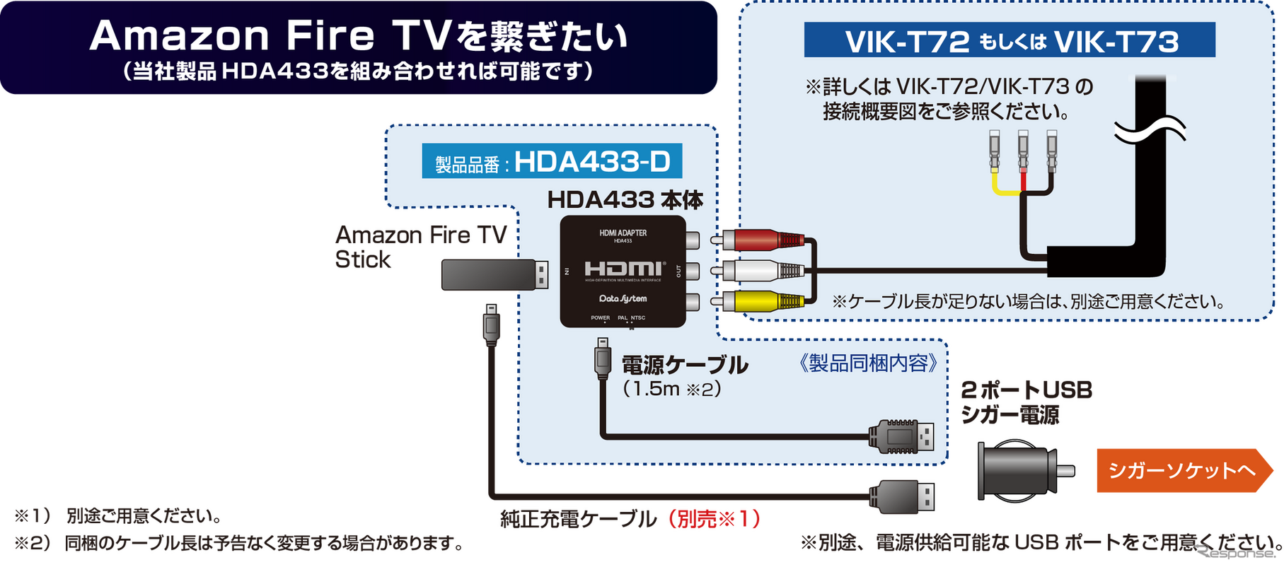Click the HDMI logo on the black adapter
(x=623, y=269)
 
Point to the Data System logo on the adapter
(x=623, y=298)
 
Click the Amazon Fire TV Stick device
(x=494, y=274)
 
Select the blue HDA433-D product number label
(x=552, y=162)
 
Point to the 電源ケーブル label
(x=684, y=366)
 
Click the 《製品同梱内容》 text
(x=868, y=363)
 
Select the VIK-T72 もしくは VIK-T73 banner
(x=1010, y=41)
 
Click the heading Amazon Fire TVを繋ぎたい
(x=359, y=37)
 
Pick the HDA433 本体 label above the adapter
(x=625, y=200)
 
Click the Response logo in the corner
(x=1237, y=552)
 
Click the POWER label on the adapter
(x=600, y=318)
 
